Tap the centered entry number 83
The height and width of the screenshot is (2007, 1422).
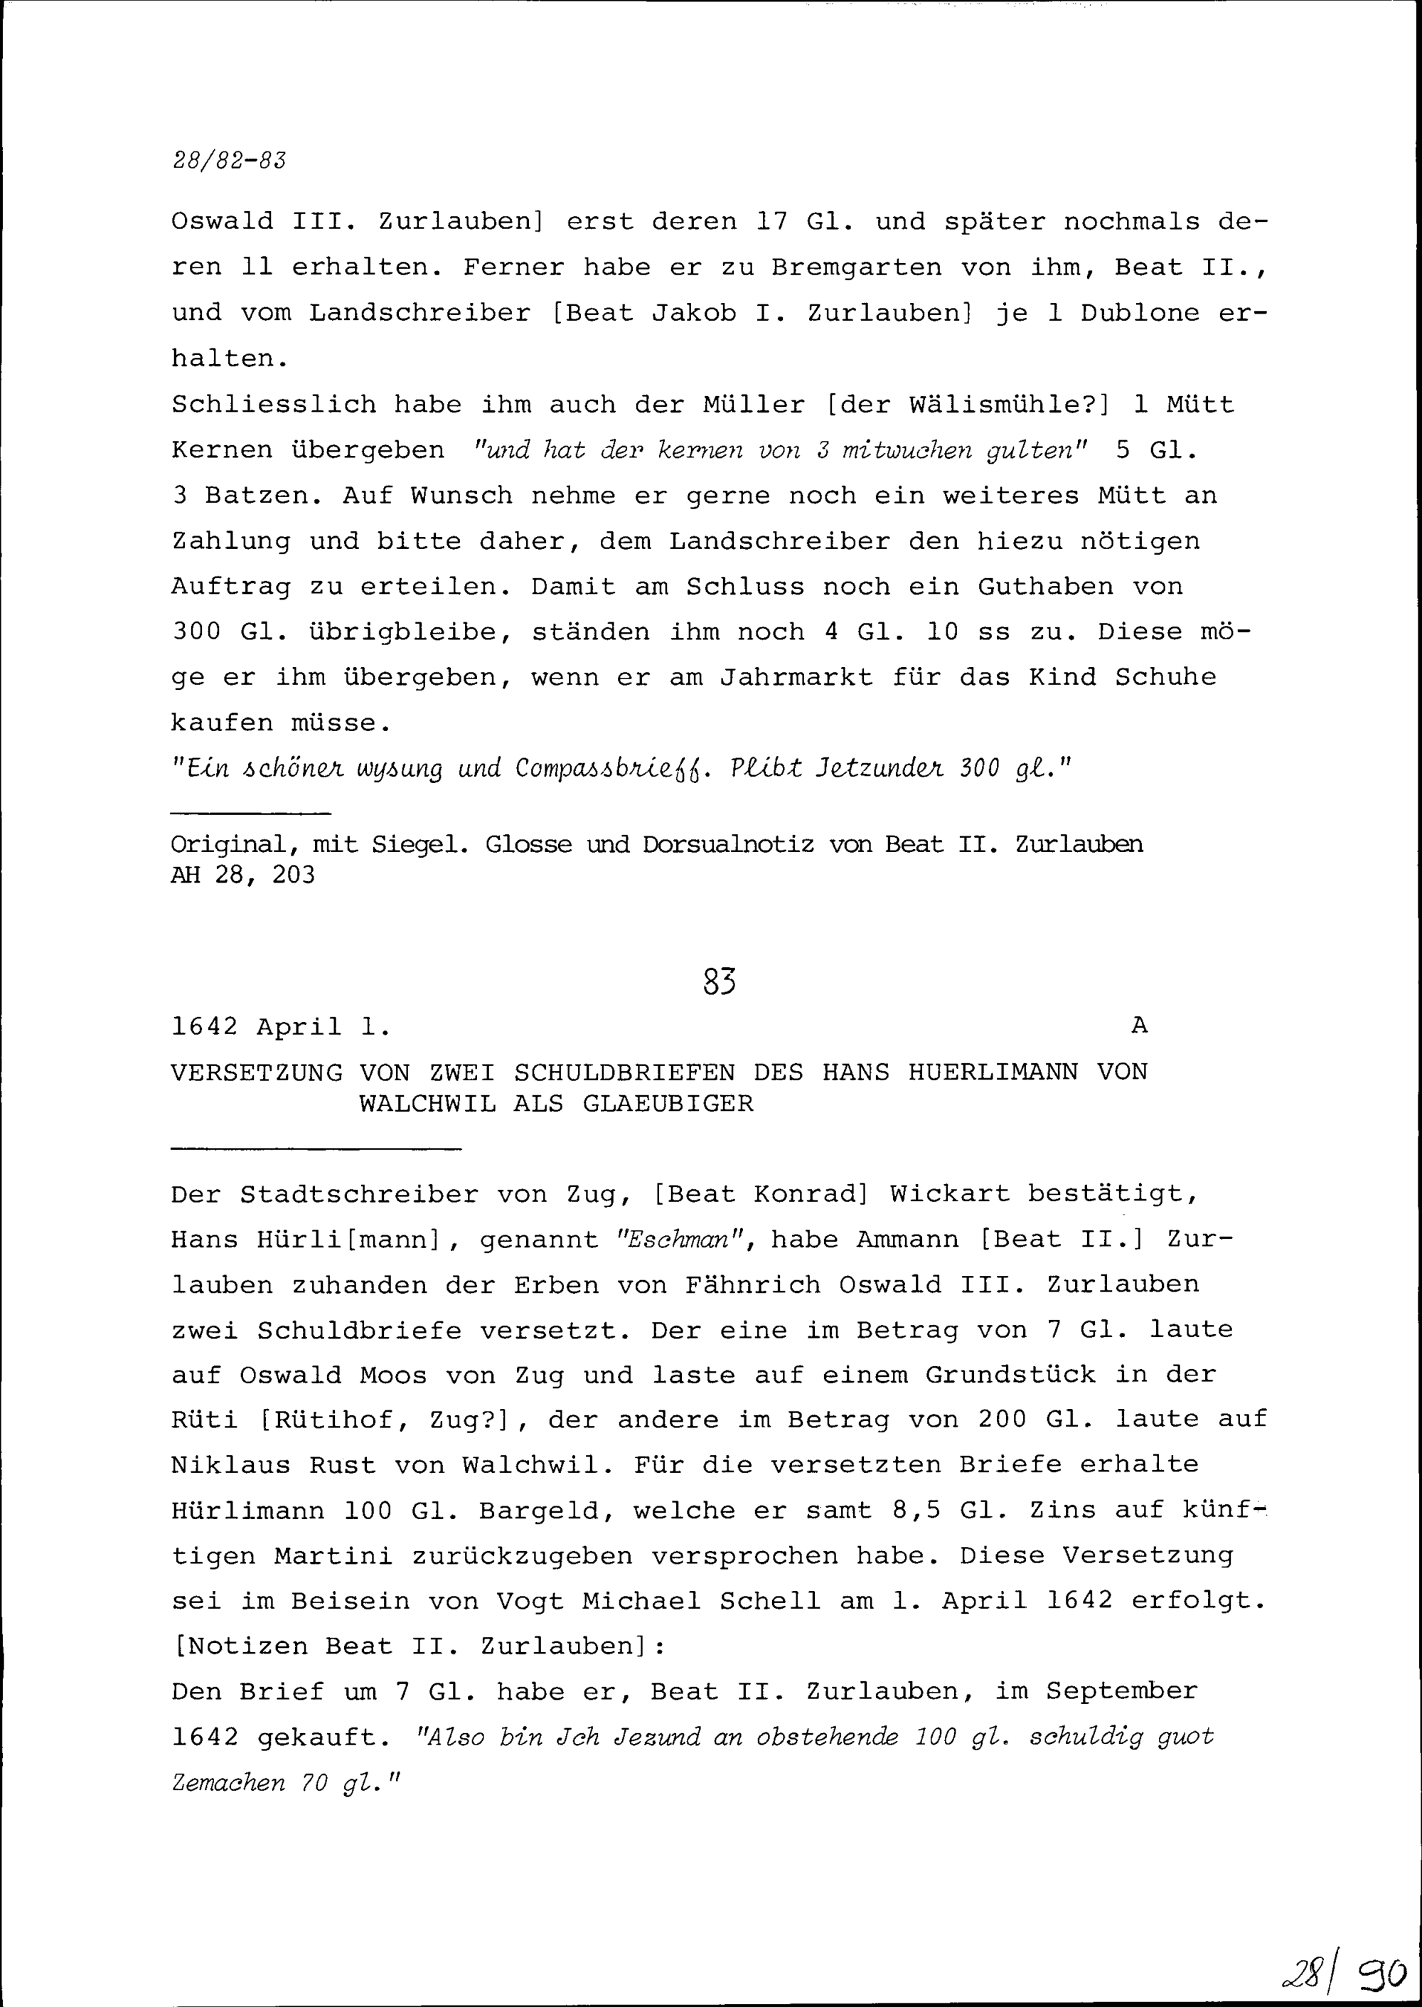719,982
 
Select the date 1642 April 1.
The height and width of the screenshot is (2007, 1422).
280,1026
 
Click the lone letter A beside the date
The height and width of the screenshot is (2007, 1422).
1138,1026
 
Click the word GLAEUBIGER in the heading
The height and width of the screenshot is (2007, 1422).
667,1103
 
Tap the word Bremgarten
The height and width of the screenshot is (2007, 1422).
855,268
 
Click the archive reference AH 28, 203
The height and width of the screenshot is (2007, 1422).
242,875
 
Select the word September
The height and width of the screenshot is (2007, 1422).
1122,1692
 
